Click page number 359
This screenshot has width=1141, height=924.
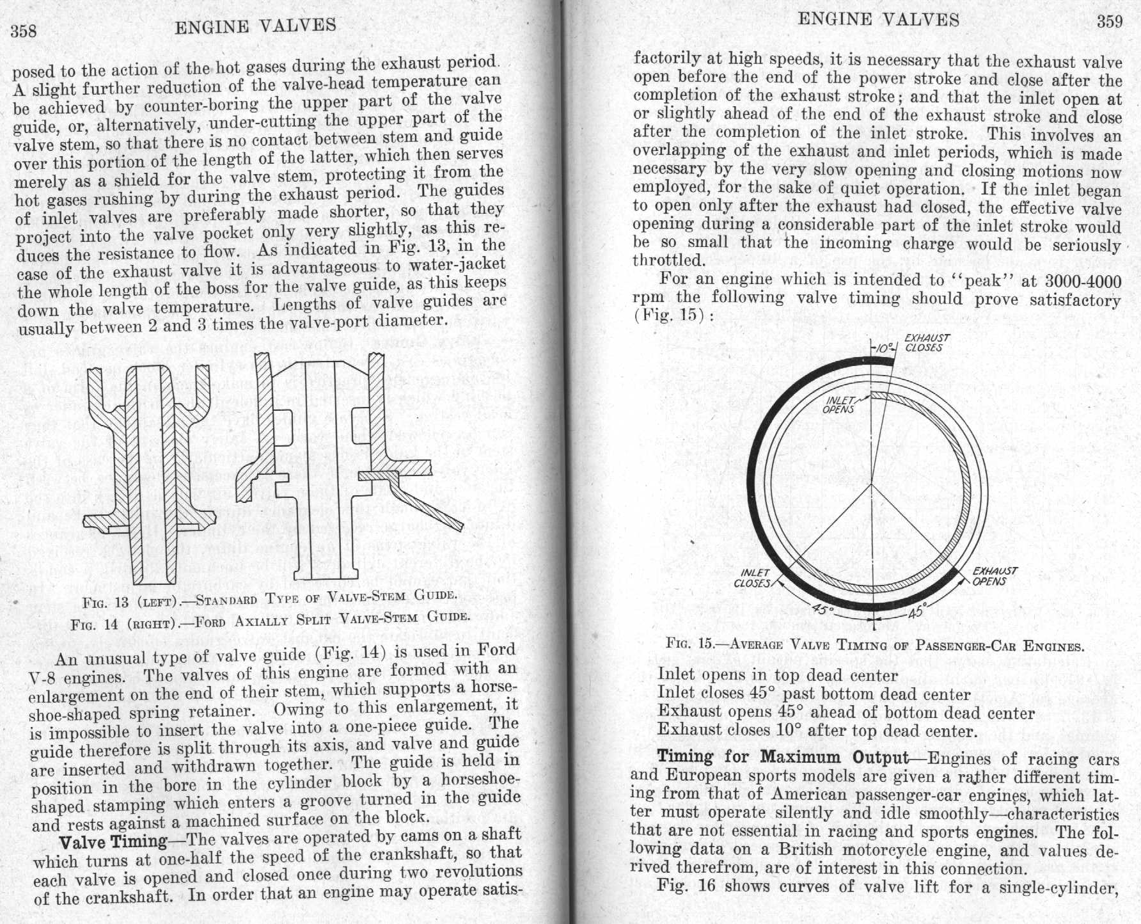(x=1110, y=22)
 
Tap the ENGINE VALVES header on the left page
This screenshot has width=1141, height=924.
(x=255, y=26)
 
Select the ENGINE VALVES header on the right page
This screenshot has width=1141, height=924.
(x=879, y=20)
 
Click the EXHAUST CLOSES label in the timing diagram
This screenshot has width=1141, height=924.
(x=927, y=343)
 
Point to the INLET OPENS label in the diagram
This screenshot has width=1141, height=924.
(x=839, y=405)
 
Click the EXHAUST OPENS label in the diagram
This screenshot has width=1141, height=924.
(x=993, y=576)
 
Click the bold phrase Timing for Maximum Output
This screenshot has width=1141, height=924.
(x=783, y=758)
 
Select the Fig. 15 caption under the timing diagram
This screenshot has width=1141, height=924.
(x=875, y=645)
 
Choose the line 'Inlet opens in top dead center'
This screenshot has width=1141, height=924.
(x=778, y=676)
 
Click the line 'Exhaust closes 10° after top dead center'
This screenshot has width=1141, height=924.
(x=817, y=730)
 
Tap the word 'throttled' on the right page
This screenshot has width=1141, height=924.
(x=668, y=261)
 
